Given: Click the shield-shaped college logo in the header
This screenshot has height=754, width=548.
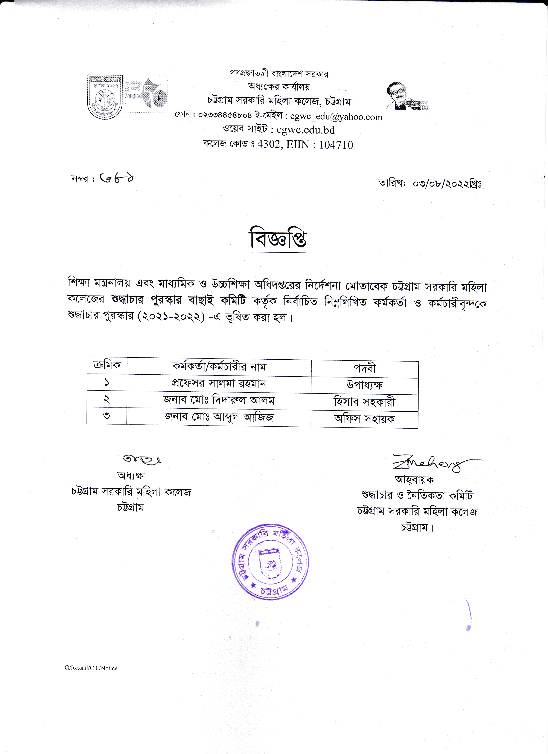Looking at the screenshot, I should point(105,97).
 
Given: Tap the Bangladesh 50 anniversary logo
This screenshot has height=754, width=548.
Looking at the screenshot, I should point(145,94).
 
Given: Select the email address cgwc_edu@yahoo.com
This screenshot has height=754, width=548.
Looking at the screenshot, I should point(336,117).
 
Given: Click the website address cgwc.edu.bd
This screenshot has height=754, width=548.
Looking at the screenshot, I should point(306,130).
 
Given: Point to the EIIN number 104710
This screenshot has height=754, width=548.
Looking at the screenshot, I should point(336,145).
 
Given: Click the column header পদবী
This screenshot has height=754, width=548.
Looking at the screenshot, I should point(365,368).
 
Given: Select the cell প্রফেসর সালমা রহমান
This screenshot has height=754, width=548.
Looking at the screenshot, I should point(219,384).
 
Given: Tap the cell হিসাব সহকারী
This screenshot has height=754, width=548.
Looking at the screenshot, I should point(365,402).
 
